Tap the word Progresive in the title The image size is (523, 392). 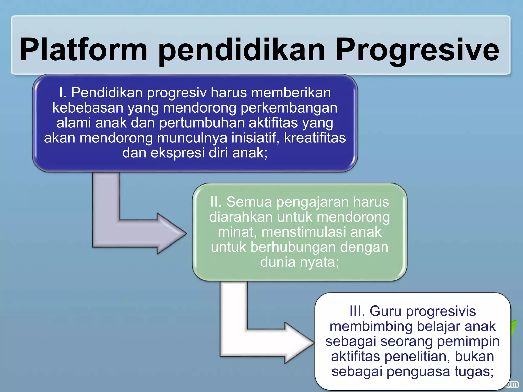(x=417, y=50)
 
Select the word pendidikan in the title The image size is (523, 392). (x=241, y=50)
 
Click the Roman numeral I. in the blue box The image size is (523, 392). (x=63, y=92)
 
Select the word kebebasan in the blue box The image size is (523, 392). (x=88, y=108)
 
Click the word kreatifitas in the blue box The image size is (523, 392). (x=315, y=138)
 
